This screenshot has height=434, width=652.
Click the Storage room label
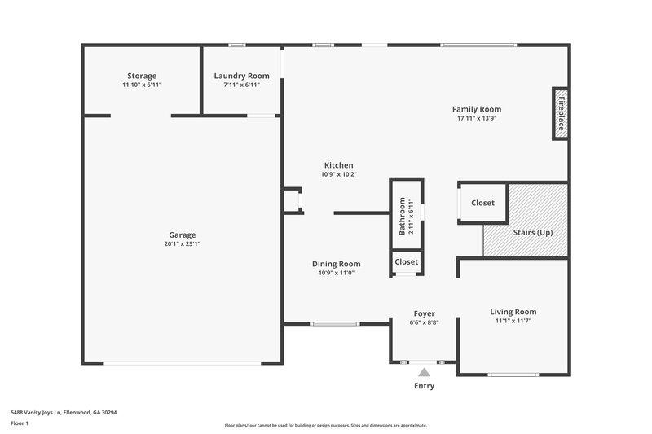coord(142,76)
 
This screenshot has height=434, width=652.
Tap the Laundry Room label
coord(241,76)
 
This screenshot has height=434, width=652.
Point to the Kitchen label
coord(338,165)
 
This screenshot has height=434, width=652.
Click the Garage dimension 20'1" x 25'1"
coord(183,243)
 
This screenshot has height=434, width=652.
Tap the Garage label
coord(183,235)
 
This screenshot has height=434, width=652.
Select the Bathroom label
coord(401,217)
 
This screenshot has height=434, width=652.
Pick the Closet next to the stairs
coord(482,203)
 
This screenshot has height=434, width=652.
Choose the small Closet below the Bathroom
coord(406,261)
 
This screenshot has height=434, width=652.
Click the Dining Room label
coord(336,264)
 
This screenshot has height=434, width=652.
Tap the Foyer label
coord(424,313)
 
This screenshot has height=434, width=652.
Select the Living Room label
coord(513,312)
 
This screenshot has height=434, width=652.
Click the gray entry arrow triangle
coord(424,372)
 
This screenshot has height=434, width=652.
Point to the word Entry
coord(424,386)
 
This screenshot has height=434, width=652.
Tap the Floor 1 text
coord(20,423)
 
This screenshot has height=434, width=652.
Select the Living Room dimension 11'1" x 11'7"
coord(513,321)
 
